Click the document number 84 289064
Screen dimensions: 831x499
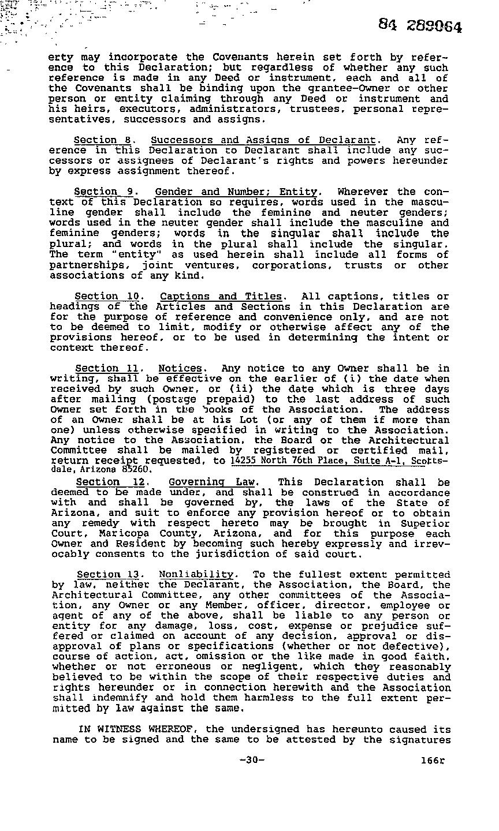(x=420, y=25)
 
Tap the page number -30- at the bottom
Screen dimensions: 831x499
(x=251, y=759)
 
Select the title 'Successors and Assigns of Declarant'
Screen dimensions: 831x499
(x=263, y=140)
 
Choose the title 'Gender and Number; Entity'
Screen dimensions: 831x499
(x=236, y=192)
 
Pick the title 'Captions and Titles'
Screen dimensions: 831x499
(x=221, y=297)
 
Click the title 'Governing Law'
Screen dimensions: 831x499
(x=213, y=482)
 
